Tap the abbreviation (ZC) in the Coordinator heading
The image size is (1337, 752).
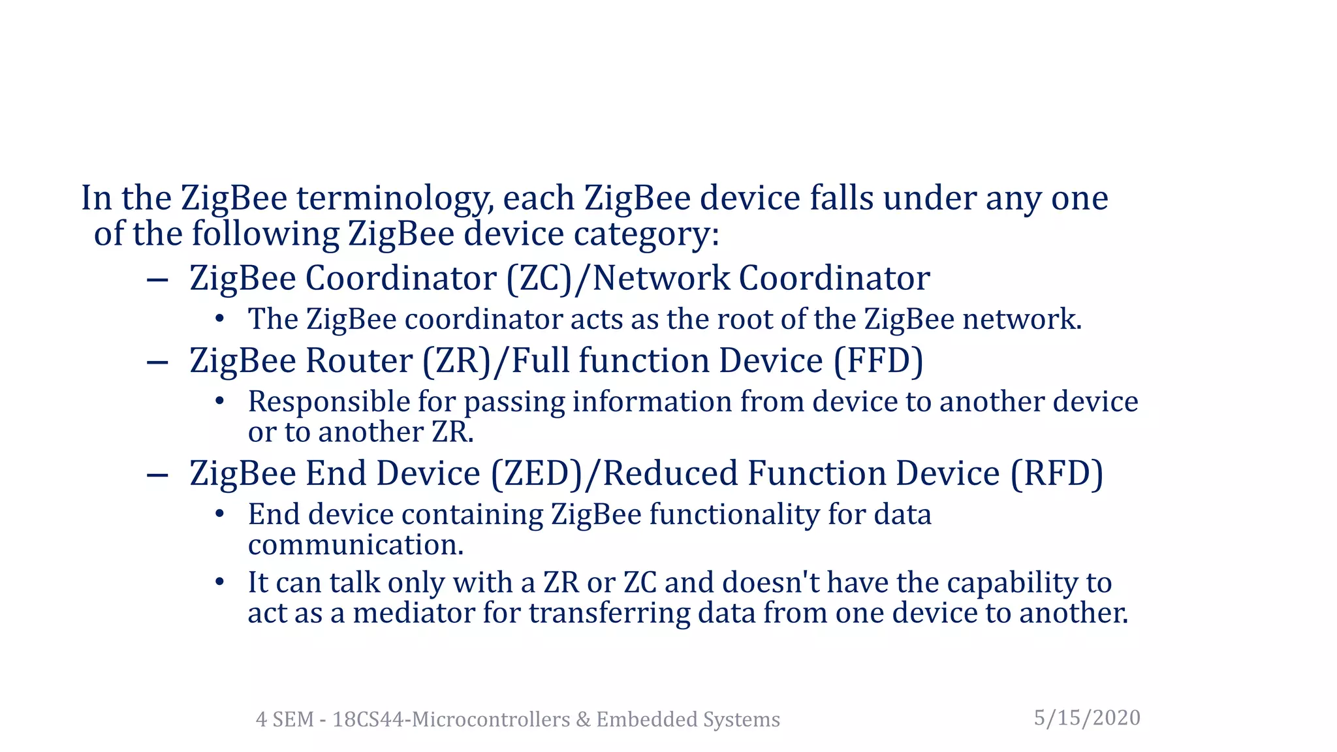pos(539,278)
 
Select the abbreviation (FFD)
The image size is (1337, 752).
pos(878,361)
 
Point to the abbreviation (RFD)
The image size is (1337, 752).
pos(1057,474)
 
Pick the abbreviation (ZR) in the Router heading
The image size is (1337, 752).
pos(456,361)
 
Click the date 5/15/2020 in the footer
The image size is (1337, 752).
pos(1087,717)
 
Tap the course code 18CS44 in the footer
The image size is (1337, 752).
pos(368,719)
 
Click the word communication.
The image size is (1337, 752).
pos(356,545)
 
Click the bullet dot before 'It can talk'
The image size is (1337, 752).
pos(220,582)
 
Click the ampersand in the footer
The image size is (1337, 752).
pos(582,719)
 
